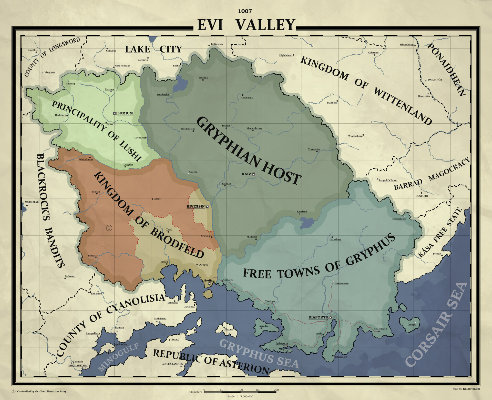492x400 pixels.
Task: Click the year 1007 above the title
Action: pos(245,11)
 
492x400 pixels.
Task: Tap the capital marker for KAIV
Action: pos(253,174)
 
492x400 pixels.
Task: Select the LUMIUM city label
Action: pos(125,113)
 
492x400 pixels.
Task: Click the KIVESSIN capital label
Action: pos(196,206)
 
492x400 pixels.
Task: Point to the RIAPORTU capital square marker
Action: pos(331,317)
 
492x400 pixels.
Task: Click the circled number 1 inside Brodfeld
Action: pos(109,228)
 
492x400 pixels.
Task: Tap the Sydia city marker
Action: pos(210,284)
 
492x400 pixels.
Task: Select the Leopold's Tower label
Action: pos(388,180)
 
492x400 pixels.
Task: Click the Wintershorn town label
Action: pos(355,136)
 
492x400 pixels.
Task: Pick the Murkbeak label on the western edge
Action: pos(32,202)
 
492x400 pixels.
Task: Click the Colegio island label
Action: pos(412,324)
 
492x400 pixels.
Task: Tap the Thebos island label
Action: pos(229,329)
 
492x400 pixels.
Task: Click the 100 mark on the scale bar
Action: pos(240,390)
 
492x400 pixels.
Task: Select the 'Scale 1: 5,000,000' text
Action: pos(240,396)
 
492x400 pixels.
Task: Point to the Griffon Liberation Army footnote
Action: pos(42,391)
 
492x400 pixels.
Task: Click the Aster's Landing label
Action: pos(172,364)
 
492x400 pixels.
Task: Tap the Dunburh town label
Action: pos(422,196)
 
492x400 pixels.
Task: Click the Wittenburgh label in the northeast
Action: pos(407,45)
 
